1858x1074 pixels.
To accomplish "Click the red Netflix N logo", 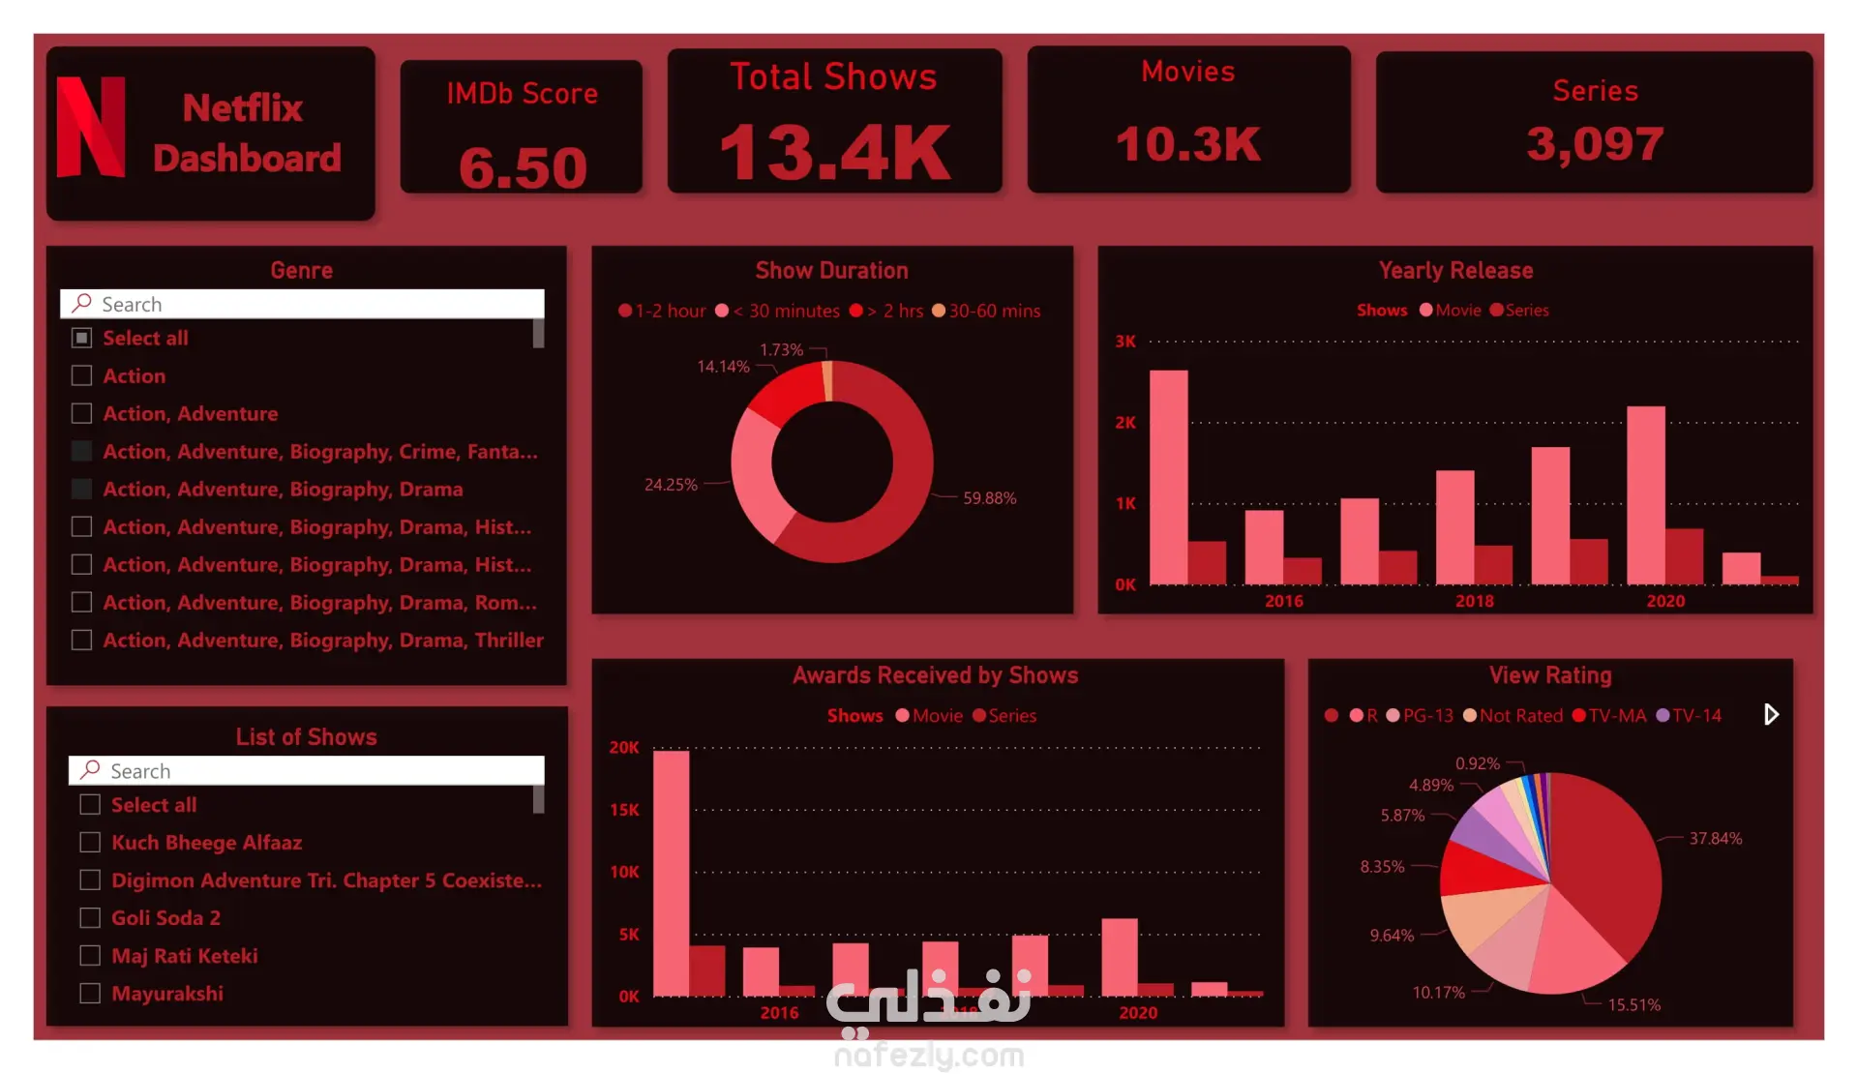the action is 91,127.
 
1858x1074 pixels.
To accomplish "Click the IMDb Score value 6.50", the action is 523,167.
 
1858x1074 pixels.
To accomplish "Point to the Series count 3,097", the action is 1595,144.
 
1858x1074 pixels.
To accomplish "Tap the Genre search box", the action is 302,304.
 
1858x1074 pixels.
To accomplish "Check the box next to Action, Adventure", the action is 82,413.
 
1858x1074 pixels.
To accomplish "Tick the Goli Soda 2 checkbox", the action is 90,917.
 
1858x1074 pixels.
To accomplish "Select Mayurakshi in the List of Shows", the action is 166,994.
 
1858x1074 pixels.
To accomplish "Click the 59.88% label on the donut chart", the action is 989,498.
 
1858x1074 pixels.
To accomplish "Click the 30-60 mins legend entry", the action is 986,311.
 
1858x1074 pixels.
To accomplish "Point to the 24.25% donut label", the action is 671,485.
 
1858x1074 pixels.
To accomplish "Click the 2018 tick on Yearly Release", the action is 1474,601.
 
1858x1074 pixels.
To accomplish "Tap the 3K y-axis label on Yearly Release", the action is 1125,342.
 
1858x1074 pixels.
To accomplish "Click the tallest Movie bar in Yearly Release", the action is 1168,477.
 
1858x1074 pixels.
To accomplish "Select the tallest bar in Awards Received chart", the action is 671,874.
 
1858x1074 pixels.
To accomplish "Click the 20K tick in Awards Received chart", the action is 624,748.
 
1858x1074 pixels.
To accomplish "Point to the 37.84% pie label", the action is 1716,839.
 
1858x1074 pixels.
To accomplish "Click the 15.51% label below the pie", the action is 1633,1005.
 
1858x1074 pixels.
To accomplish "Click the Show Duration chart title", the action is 832,271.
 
